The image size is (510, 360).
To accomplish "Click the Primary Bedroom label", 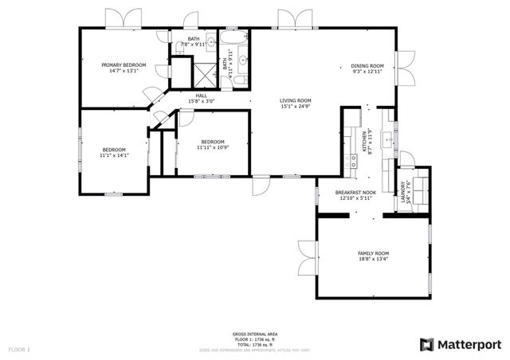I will (x=123, y=65).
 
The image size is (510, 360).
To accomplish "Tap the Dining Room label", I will (x=367, y=66).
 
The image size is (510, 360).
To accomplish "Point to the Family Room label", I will (x=373, y=253).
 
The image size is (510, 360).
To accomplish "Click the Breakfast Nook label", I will (x=355, y=192).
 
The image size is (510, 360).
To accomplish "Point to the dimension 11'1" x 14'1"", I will (x=114, y=155).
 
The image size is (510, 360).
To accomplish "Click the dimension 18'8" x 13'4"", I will (x=373, y=259).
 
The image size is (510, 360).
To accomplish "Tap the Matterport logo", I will (x=461, y=343).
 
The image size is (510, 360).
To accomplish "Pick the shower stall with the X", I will (x=202, y=72).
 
